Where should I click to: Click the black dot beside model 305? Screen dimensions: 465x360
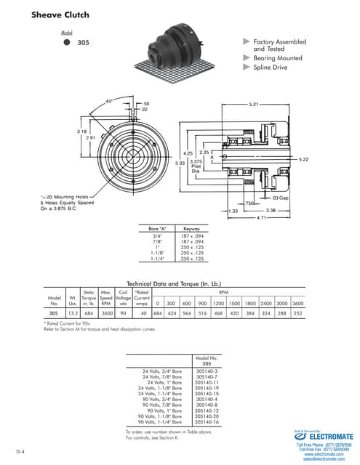pos(67,43)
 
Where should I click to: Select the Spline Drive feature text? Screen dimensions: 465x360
pos(270,68)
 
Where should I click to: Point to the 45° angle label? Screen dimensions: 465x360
pos(109,100)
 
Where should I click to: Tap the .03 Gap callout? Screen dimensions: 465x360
pos(280,198)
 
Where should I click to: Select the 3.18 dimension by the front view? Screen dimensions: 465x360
pos(82,131)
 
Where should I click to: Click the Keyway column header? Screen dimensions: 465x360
pos(191,229)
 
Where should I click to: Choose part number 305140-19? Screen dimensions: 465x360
pos(207,389)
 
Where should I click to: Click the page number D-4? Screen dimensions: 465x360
pos(22,452)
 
